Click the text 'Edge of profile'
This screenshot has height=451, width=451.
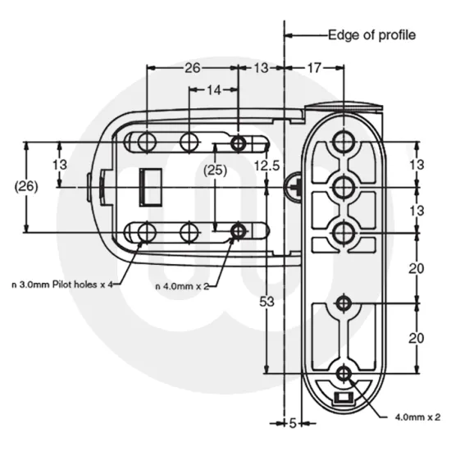point(371,35)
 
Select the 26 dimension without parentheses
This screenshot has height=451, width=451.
point(192,69)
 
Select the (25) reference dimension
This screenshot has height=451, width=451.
point(215,170)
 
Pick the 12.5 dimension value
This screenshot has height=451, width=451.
point(266,166)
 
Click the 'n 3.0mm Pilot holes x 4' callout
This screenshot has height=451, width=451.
point(59,284)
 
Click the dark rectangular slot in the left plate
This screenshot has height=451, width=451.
point(149,186)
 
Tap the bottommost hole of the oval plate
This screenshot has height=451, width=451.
point(343,374)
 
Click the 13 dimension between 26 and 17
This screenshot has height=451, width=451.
point(261,69)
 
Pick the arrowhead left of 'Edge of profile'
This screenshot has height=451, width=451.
point(289,35)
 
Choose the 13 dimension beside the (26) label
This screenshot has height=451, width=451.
point(60,164)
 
